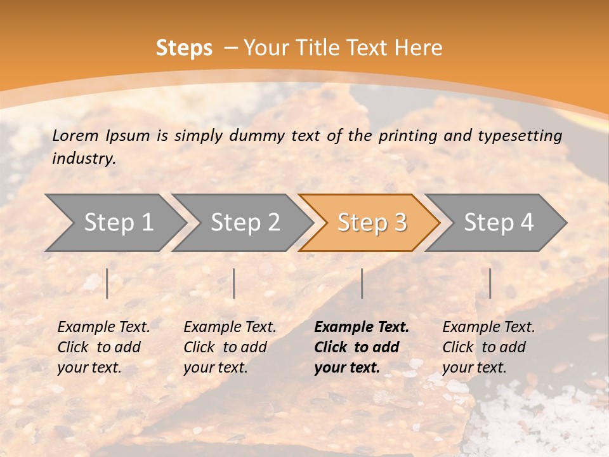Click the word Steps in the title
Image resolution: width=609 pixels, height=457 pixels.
click(184, 48)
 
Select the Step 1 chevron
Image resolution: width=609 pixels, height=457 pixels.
click(115, 223)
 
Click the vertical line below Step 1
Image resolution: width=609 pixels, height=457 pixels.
click(107, 283)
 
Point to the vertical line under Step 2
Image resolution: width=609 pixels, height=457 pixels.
click(234, 283)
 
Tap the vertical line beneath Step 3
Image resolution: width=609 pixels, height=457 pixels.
click(362, 283)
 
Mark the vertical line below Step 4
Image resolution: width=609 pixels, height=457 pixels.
click(490, 283)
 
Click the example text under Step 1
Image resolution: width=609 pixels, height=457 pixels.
click(103, 347)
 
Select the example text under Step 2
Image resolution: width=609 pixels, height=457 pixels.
click(230, 347)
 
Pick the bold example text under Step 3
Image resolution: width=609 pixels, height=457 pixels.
click(362, 347)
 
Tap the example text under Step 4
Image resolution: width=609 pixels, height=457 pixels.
click(488, 347)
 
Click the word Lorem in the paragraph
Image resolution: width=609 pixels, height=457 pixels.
click(75, 136)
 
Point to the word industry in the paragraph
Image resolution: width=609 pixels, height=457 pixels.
click(84, 159)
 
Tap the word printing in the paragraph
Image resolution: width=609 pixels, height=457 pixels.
click(405, 136)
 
